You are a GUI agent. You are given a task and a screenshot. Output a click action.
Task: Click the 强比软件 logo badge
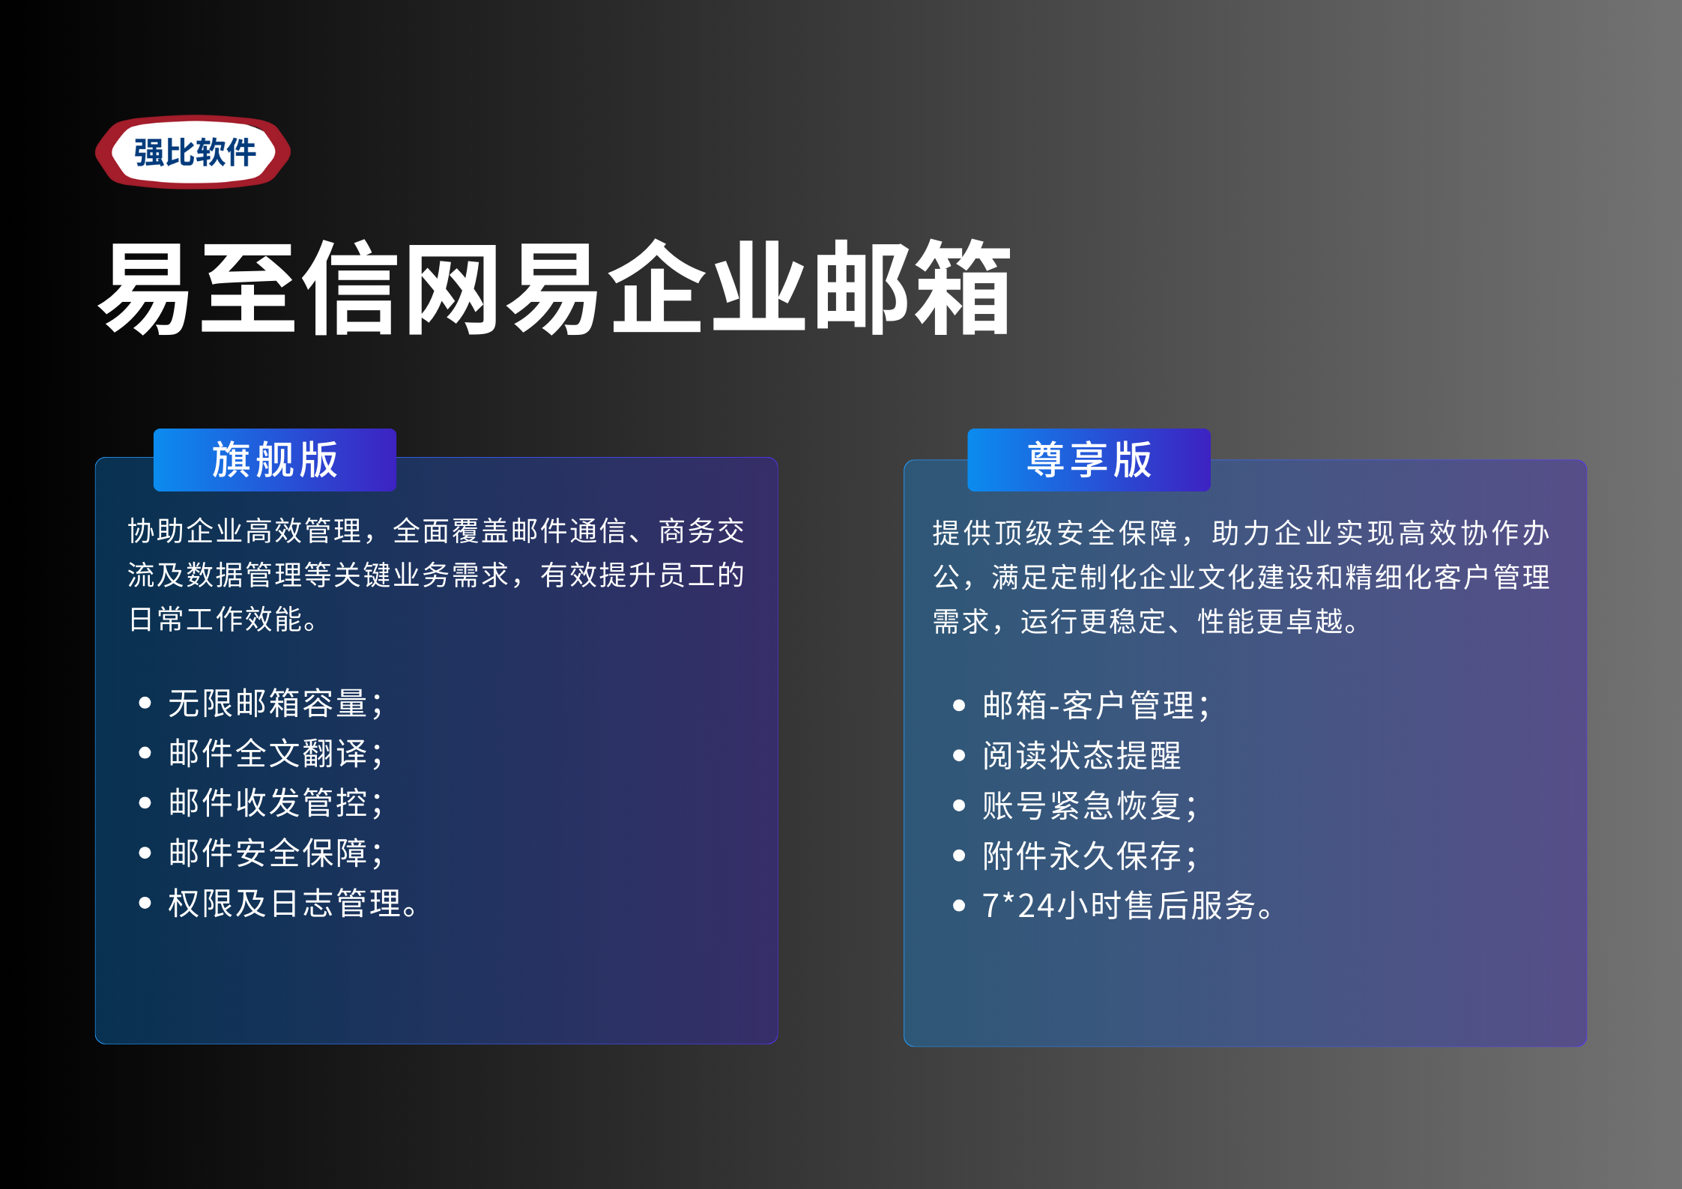pyautogui.click(x=193, y=152)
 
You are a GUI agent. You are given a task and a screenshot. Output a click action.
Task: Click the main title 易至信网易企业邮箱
pyautogui.click(x=555, y=288)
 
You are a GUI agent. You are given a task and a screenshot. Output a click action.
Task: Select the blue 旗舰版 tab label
pyautogui.click(x=275, y=459)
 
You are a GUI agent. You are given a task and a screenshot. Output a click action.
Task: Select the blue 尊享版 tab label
pyautogui.click(x=1089, y=459)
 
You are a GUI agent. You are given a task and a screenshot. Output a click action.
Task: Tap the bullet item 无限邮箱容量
pyautogui.click(x=276, y=704)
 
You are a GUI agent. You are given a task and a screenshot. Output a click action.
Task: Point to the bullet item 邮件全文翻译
pyautogui.click(x=276, y=753)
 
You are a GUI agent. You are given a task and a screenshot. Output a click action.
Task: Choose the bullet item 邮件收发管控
pyautogui.click(x=276, y=803)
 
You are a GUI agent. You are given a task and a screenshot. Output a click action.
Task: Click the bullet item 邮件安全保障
pyautogui.click(x=276, y=853)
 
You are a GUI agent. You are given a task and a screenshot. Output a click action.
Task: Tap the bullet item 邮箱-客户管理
pyautogui.click(x=1096, y=706)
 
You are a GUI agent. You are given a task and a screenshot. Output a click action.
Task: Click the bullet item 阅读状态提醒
pyautogui.click(x=1082, y=755)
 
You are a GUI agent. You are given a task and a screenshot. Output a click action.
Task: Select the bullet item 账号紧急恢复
pyautogui.click(x=1090, y=805)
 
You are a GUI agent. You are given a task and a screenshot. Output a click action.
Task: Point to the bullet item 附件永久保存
pyautogui.click(x=1090, y=856)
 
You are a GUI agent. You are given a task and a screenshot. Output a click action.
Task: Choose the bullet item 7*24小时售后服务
pyautogui.click(x=1128, y=905)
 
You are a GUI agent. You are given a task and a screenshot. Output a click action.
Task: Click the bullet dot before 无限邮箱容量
pyautogui.click(x=145, y=703)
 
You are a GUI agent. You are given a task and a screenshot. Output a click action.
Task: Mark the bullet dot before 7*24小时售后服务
pyautogui.click(x=959, y=905)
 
